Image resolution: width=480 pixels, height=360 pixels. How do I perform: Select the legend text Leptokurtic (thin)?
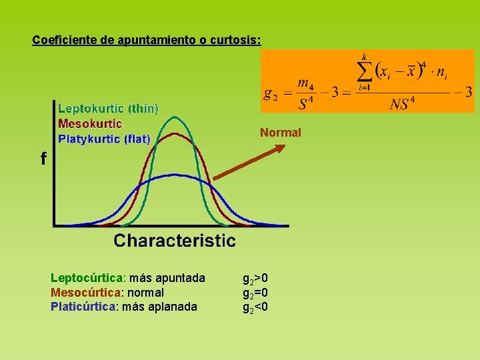[x=108, y=108]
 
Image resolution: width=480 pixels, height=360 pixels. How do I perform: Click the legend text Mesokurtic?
[x=90, y=123]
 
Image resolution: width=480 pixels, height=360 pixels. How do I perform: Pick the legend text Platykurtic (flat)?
[x=104, y=139]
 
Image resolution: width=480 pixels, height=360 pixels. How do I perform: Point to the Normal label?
[x=281, y=133]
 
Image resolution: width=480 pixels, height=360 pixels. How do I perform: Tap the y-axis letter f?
[x=43, y=159]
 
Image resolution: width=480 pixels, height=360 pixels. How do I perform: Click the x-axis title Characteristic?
[x=175, y=240]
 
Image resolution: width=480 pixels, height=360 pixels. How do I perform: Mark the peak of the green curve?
[x=175, y=117]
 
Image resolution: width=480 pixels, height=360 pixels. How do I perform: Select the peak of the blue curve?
[x=175, y=175]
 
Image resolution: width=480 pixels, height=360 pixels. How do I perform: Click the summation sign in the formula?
[x=364, y=70]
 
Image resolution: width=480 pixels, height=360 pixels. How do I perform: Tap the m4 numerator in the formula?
[x=305, y=83]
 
